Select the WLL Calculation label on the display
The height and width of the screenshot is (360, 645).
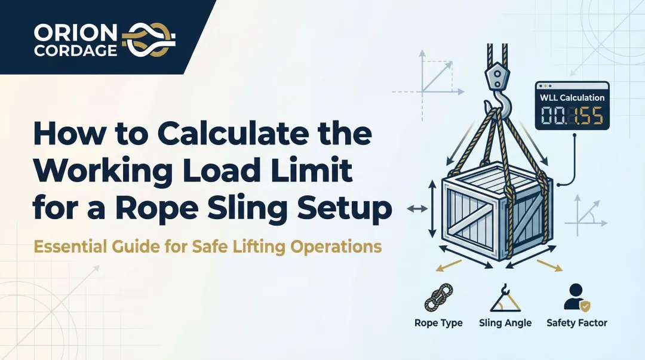click(572, 97)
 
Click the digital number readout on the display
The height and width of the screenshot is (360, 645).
click(572, 116)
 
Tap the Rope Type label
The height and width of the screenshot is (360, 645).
click(438, 323)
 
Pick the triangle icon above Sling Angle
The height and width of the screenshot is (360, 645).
click(505, 300)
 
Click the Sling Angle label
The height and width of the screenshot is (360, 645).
click(505, 323)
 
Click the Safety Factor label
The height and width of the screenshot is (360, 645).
click(576, 323)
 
